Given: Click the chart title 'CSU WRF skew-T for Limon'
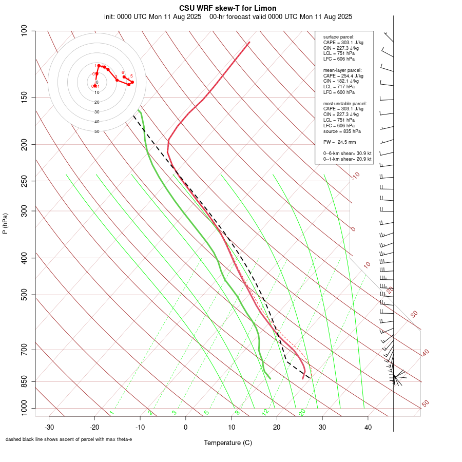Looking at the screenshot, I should (228, 8).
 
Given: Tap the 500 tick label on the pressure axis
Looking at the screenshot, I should (24, 295).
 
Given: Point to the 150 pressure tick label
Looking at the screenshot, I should (24, 97).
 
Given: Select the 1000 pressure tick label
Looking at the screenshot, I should (22, 409).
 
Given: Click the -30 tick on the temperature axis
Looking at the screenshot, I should (49, 427).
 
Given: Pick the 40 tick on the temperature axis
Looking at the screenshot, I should (368, 427).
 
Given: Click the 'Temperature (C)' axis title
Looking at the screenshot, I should (228, 442).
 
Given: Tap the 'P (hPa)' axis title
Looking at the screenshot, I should (5, 223).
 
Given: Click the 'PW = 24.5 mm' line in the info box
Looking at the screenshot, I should (339, 142).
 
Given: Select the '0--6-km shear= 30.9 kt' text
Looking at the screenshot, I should (347, 153).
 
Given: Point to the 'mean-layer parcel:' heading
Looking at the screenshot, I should (342, 70).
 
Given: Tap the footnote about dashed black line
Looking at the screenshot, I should (69, 439).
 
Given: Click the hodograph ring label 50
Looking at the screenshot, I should (97, 131).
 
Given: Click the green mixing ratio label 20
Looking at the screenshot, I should (302, 412).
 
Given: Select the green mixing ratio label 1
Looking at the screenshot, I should (111, 413).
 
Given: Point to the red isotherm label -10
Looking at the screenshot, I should (355, 176).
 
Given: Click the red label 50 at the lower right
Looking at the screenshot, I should (425, 403).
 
